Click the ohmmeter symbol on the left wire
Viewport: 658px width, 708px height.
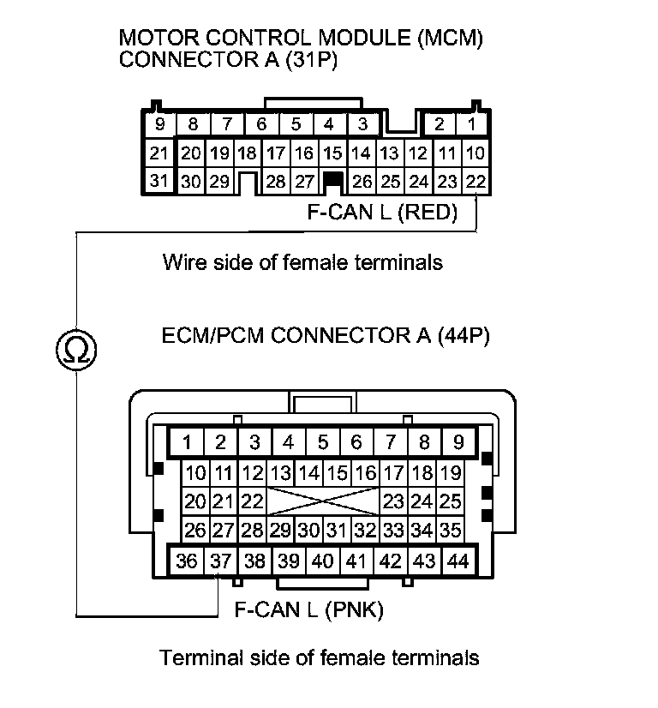point(75,349)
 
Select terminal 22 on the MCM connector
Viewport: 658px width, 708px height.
point(476,181)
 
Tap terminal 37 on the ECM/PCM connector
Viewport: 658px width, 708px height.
point(220,561)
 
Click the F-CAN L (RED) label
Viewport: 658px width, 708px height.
point(382,212)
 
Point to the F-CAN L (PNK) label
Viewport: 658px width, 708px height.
point(308,610)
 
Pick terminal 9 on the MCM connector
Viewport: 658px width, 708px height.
point(159,124)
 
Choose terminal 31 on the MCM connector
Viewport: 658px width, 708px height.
point(159,181)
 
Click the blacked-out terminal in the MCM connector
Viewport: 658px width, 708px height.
point(332,181)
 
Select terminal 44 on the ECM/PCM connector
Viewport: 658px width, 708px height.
point(458,561)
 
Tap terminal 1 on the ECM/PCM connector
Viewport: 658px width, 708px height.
point(187,442)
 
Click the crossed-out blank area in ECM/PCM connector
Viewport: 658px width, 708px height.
point(322,501)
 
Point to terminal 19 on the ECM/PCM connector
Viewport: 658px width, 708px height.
point(450,472)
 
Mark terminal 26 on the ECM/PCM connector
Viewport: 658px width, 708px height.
point(195,530)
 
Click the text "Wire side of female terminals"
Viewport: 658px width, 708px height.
point(302,262)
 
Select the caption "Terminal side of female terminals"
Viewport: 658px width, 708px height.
point(319,658)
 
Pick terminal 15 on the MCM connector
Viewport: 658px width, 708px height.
point(332,153)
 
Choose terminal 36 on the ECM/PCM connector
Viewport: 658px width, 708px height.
point(186,561)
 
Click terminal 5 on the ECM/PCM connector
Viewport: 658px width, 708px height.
point(322,442)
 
